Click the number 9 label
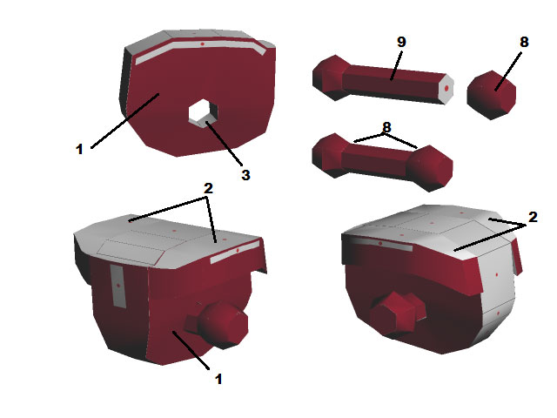(x=401, y=42)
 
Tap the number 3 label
(x=245, y=175)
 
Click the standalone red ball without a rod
(x=491, y=95)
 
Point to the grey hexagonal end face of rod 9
(x=446, y=89)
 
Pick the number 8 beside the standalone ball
(x=524, y=42)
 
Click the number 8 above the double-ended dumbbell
(x=386, y=127)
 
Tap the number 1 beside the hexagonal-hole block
(x=79, y=149)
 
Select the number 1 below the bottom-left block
(x=218, y=379)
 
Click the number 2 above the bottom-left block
(x=208, y=188)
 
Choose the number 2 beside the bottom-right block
(x=533, y=217)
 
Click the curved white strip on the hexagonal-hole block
(x=200, y=51)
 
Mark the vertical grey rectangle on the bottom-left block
(x=118, y=287)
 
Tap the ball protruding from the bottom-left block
(x=223, y=325)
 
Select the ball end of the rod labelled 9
(x=330, y=78)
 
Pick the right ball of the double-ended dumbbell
(x=430, y=168)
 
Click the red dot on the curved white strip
(x=202, y=44)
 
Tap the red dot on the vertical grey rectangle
(x=118, y=286)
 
